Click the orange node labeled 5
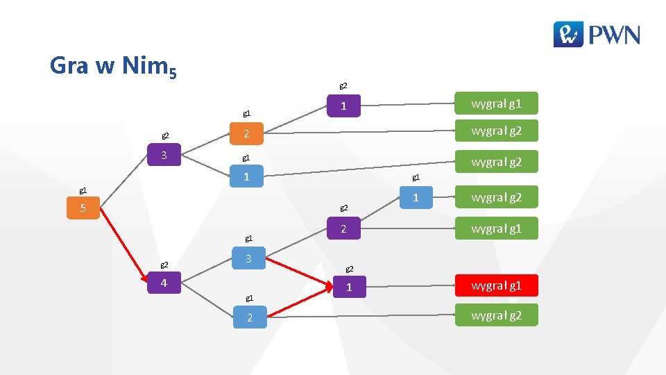(83, 208)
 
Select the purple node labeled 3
(164, 155)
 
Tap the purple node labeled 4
(164, 283)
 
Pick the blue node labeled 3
(246, 259)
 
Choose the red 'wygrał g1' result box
(496, 285)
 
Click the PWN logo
(596, 33)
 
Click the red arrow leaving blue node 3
(298, 272)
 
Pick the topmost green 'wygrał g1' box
(496, 105)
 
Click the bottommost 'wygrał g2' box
(496, 316)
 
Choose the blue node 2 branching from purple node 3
(246, 133)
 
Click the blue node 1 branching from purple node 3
(246, 177)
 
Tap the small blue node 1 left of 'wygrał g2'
(416, 198)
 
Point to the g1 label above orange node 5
(83, 190)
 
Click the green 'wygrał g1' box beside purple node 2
(496, 228)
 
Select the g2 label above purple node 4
(164, 265)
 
